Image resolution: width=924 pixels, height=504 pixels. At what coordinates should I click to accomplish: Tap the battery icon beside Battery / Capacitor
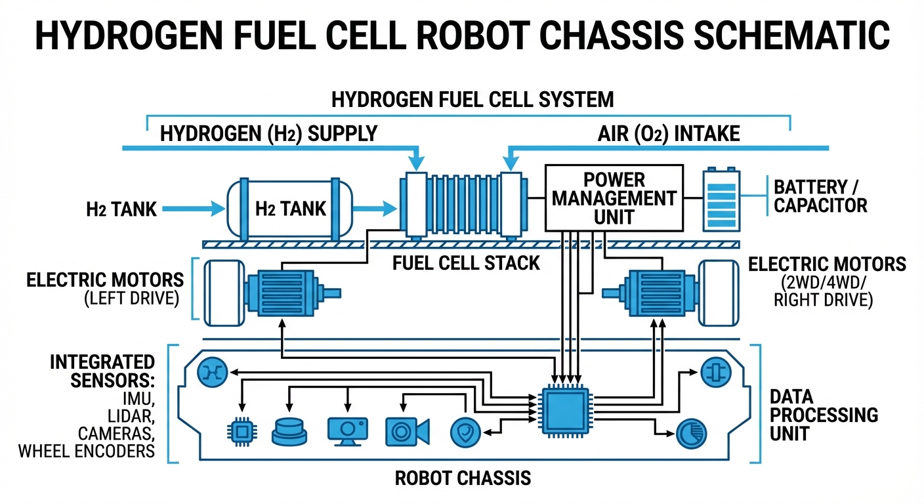[721, 200]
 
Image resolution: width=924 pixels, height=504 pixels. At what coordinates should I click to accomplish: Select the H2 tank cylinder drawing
[289, 208]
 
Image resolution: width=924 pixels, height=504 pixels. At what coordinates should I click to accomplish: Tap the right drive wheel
[719, 293]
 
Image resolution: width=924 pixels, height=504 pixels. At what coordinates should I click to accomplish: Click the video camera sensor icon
[407, 431]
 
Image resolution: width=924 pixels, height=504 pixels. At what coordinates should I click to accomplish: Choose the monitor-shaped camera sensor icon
[348, 430]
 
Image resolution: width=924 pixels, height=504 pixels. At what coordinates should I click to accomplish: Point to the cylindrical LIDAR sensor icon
[289, 431]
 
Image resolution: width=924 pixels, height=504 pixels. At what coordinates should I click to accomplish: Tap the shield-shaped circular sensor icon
[465, 431]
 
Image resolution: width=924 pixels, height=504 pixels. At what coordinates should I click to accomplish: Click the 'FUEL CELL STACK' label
[466, 263]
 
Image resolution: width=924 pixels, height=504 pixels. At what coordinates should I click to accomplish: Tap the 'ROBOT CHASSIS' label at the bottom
[463, 478]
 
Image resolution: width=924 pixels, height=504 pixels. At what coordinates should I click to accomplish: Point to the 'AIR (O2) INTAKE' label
[668, 134]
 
